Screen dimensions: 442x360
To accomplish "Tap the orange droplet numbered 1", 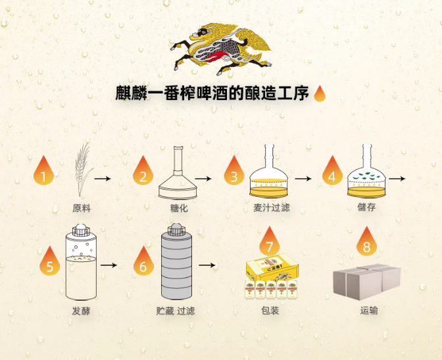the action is (x=43, y=172).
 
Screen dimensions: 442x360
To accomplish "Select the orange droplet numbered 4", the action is (x=332, y=172).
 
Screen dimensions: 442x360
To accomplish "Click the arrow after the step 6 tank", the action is (x=207, y=265).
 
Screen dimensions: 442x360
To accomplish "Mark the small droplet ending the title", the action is (x=320, y=94).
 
